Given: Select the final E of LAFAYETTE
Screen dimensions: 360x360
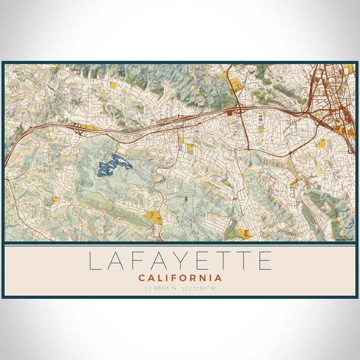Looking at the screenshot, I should [x=265, y=261].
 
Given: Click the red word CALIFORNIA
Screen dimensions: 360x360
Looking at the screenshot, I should [x=180, y=278].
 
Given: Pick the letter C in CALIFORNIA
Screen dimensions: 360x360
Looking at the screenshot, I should [x=142, y=278].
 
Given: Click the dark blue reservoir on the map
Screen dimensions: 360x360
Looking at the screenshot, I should [x=114, y=165].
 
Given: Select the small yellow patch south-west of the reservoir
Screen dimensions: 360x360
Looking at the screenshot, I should [x=55, y=199].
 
